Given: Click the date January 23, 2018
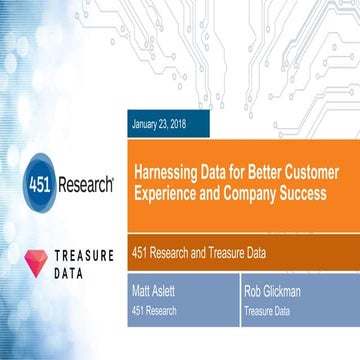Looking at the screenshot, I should pyautogui.click(x=157, y=125).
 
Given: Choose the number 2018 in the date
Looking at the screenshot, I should pyautogui.click(x=173, y=125).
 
